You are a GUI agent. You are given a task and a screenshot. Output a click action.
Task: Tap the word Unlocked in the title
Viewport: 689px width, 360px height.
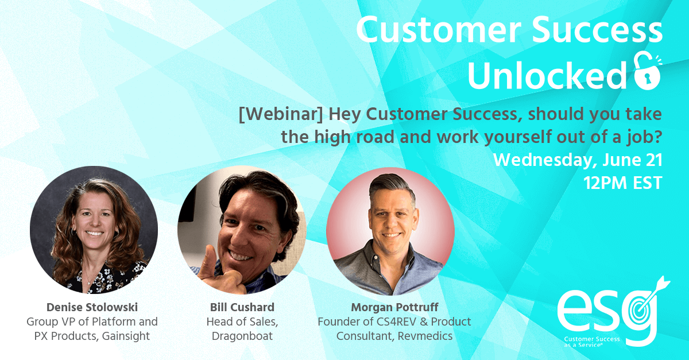547,76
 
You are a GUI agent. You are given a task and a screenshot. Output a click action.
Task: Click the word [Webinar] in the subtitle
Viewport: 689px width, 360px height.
281,114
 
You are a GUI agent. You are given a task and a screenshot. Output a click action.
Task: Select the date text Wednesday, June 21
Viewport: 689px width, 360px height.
578,160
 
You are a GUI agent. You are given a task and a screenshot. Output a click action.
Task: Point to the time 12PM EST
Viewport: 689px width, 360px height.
623,183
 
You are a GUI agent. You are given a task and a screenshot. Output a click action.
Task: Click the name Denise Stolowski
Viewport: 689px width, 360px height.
92,307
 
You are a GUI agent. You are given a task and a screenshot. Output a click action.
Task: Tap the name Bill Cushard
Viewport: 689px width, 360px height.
242,307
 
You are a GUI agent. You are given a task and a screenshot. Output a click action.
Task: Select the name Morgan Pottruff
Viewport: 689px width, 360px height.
394,307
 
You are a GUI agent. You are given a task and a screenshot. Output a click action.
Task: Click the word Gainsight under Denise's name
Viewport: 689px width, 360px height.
126,336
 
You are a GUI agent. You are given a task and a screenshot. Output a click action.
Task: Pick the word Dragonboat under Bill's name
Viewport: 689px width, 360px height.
242,336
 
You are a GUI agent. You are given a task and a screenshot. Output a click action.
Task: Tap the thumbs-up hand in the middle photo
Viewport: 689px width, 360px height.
219,271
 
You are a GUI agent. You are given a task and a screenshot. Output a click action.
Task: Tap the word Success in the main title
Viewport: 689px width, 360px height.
597,30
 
